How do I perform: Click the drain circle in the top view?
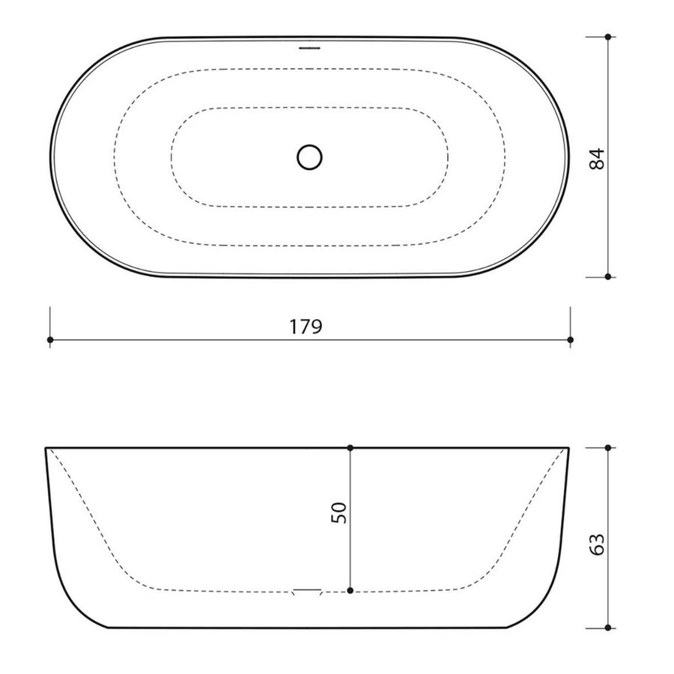309,157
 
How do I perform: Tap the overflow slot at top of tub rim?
309,47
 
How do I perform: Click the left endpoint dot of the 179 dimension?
49,340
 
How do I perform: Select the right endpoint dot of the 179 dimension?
571,340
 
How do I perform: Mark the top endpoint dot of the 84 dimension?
609,37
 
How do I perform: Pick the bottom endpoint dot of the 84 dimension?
609,276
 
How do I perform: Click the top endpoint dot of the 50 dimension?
350,448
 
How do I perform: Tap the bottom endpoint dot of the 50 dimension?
350,592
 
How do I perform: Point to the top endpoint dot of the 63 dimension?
609,448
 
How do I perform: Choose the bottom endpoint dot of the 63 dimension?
609,627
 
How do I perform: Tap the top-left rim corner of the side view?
46,449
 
